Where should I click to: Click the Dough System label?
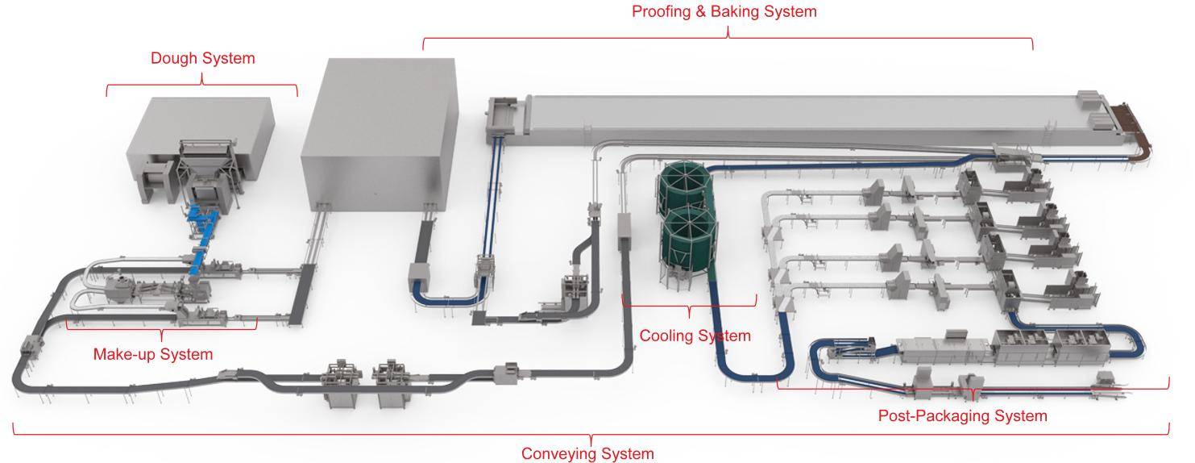pos(202,58)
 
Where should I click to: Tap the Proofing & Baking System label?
pos(724,11)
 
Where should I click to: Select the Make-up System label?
pos(153,354)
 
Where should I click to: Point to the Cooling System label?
pos(695,336)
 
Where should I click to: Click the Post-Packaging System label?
pos(962,416)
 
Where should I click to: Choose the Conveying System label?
pos(587,453)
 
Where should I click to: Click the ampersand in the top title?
pos(700,11)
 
